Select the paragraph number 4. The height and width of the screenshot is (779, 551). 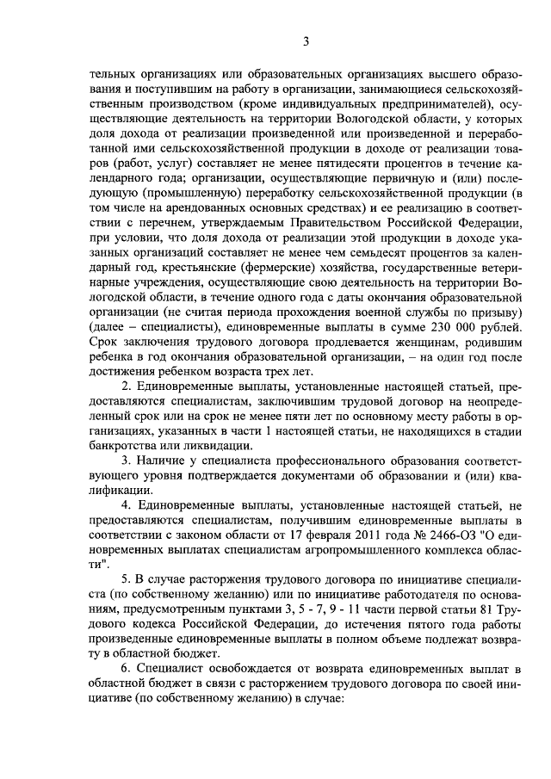126,504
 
